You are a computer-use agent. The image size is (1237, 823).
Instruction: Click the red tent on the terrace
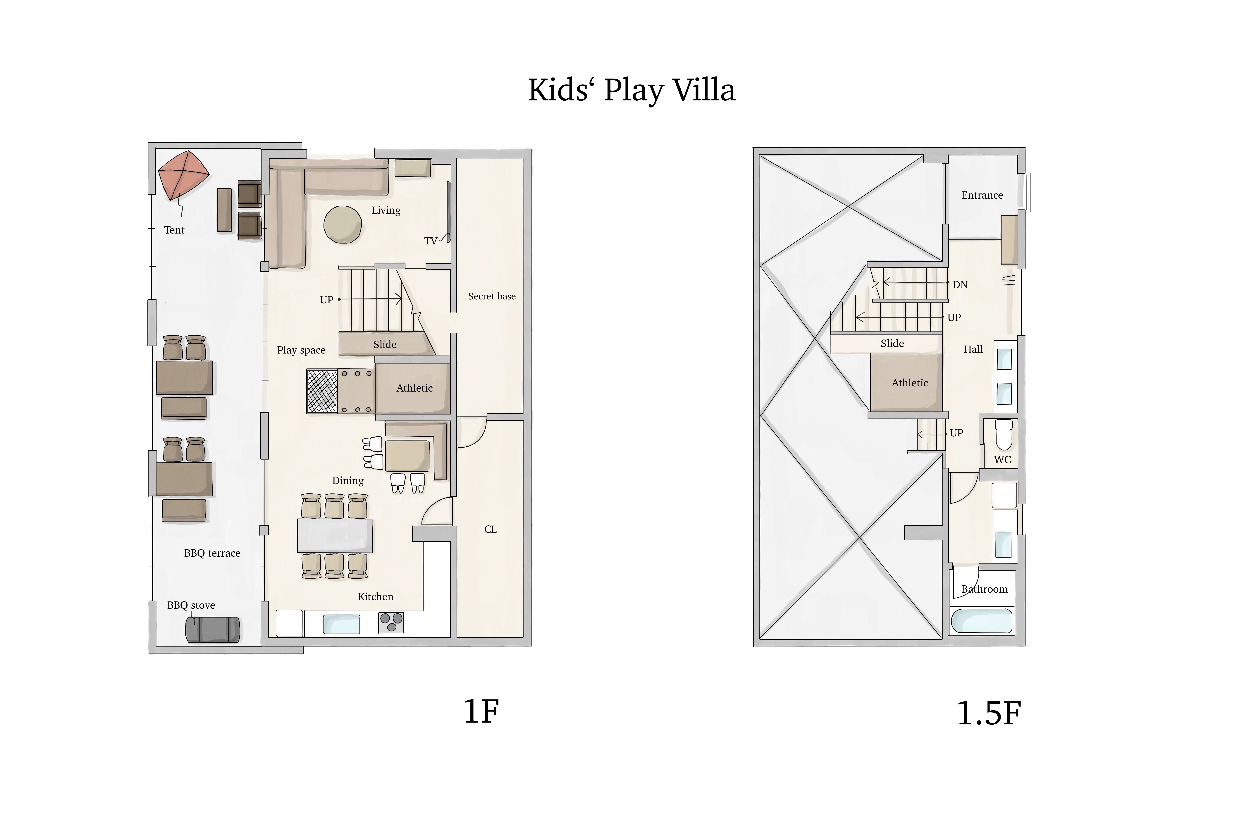[184, 175]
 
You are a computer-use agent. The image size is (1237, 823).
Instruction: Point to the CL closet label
[491, 529]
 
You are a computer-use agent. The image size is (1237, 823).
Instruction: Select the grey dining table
[335, 535]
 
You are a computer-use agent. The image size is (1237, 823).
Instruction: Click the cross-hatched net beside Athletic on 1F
[322, 392]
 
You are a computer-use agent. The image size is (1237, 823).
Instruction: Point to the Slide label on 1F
[385, 344]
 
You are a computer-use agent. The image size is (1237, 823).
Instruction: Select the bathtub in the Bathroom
[982, 621]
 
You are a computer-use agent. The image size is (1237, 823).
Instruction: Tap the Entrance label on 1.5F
[982, 195]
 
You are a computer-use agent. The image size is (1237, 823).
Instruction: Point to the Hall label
[973, 349]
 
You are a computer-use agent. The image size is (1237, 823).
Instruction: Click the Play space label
[301, 350]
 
